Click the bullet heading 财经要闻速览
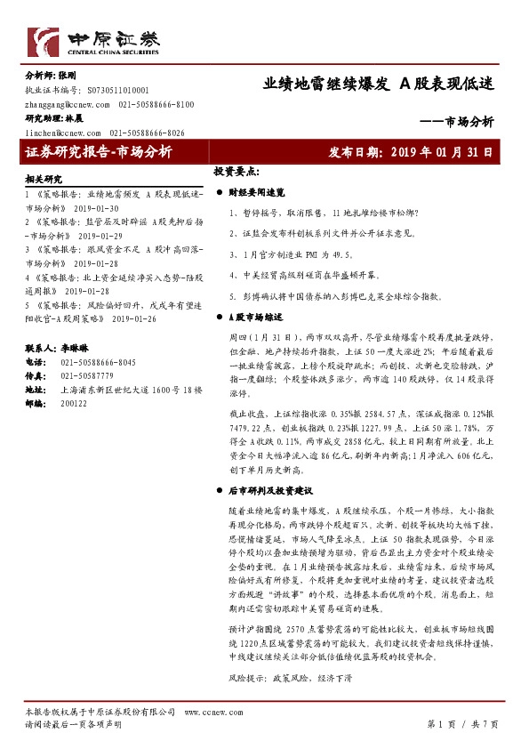(x=257, y=191)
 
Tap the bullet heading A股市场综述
(x=255, y=317)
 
